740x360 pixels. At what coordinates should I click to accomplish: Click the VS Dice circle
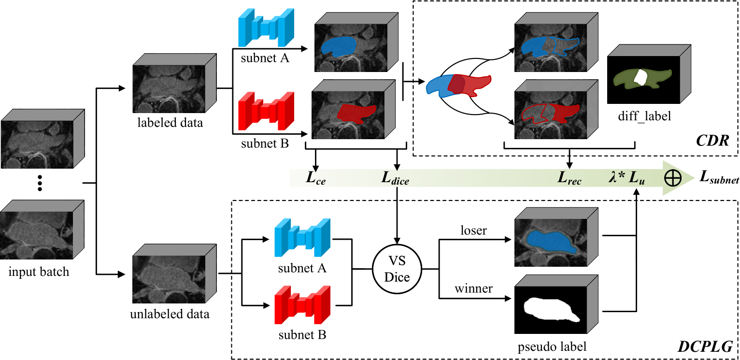397,269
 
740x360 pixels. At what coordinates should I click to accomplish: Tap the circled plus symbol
672,178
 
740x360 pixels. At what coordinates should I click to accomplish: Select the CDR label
712,141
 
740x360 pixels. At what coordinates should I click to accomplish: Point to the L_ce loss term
316,178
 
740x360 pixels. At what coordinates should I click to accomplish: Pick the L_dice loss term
395,178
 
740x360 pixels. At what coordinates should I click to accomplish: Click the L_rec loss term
569,178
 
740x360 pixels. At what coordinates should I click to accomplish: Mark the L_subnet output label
719,177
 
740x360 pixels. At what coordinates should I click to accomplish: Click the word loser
474,230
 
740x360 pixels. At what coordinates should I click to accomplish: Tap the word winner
473,288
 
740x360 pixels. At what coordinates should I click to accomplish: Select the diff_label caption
644,116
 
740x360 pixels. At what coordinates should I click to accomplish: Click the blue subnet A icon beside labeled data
266,28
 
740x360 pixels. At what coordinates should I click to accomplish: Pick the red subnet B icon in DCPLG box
302,305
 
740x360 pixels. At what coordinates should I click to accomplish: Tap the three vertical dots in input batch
40,183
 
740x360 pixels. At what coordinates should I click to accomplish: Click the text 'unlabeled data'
170,314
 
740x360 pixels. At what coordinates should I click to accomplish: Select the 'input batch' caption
39,272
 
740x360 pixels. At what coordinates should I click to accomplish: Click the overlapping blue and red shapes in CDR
458,86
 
